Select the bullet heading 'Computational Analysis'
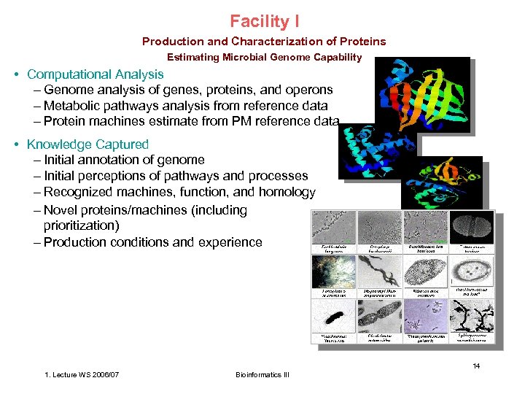click(95, 74)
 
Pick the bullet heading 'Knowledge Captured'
click(87, 144)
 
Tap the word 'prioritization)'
click(82, 225)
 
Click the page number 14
click(475, 366)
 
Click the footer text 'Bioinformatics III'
click(262, 375)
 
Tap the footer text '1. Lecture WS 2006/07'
click(82, 375)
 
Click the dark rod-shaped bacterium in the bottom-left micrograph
click(332, 318)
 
